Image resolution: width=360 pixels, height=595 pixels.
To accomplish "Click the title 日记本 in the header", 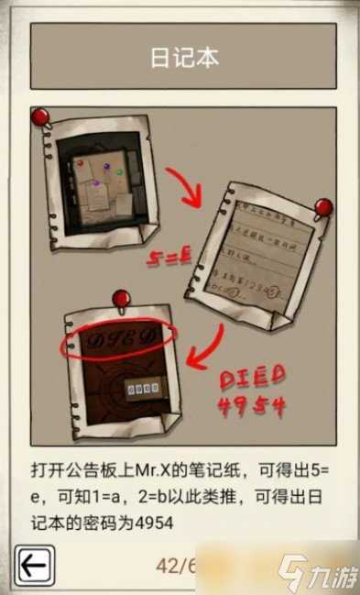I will point(184,57).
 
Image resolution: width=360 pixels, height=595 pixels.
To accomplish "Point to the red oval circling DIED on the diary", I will point(117,344).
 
